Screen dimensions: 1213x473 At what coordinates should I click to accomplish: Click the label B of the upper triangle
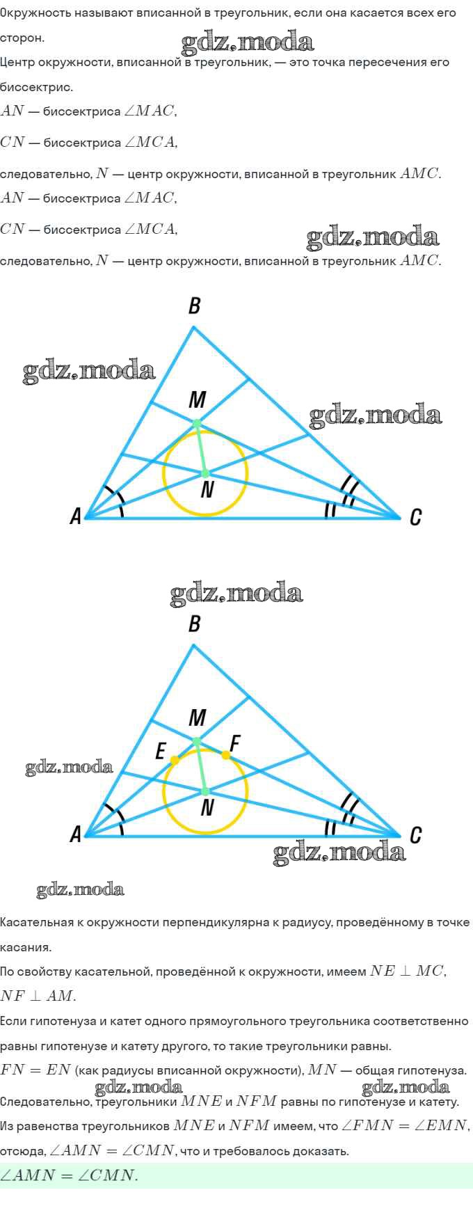click(195, 306)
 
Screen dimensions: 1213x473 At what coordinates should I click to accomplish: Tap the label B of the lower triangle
click(195, 624)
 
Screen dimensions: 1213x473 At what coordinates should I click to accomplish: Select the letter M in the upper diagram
click(198, 399)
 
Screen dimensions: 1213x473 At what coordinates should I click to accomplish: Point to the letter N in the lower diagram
click(207, 808)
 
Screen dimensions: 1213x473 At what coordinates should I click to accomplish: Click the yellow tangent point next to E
click(175, 760)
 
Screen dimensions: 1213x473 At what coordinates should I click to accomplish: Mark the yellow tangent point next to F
click(226, 755)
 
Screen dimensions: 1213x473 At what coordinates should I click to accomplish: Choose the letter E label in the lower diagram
click(161, 752)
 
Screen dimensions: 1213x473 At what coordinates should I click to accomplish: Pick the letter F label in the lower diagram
click(234, 744)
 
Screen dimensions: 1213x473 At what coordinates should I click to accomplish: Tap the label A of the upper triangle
click(76, 516)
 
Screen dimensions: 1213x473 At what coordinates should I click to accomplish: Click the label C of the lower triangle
click(415, 834)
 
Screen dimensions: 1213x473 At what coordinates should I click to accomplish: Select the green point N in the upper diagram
click(205, 474)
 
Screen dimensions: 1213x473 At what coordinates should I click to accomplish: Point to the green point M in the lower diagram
click(197, 741)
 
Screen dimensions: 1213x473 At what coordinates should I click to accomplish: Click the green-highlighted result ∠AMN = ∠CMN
click(69, 1175)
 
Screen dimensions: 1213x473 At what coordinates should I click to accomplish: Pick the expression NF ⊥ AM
click(38, 996)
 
